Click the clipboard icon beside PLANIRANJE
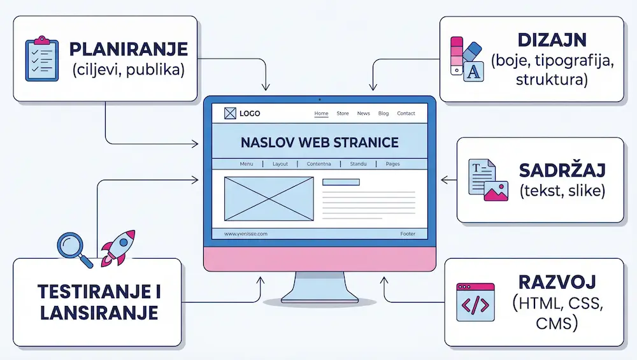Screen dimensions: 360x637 (x=41, y=59)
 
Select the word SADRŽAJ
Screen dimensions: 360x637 (x=561, y=171)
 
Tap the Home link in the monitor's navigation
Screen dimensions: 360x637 (x=322, y=113)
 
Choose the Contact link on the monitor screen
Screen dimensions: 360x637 (x=406, y=113)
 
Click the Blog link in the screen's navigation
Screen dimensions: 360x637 (x=383, y=113)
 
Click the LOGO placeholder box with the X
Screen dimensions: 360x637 (x=230, y=113)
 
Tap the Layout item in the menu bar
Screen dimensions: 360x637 (x=280, y=164)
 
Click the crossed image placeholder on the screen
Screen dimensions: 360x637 (x=269, y=199)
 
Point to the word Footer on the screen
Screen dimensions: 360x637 (x=408, y=234)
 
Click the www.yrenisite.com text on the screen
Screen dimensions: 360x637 (x=246, y=234)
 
